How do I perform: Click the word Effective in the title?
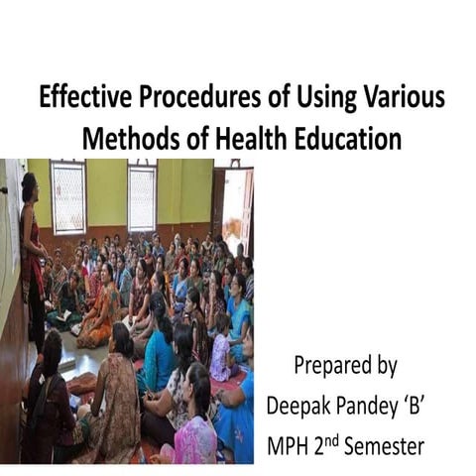coord(79,100)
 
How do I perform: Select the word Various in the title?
coord(397,100)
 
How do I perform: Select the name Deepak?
coord(302,407)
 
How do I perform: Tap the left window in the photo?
coord(67,196)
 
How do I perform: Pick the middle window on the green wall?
coord(142,196)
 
